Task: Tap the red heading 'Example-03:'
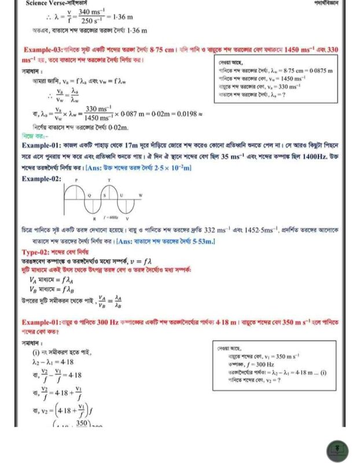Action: click(x=45, y=50)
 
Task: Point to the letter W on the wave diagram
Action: click(x=139, y=197)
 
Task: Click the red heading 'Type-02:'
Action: click(x=39, y=252)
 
